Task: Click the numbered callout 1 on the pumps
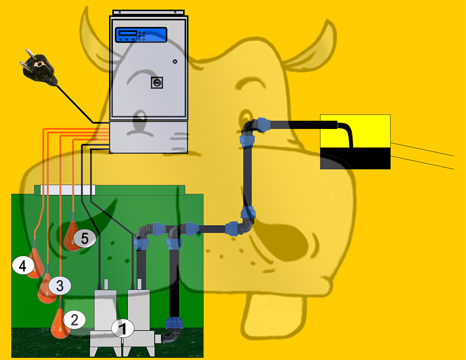coord(123,328)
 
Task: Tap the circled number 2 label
coord(74,319)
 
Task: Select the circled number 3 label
coord(60,286)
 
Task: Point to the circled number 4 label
coord(23,265)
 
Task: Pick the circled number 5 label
coord(85,238)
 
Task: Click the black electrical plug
coord(38,68)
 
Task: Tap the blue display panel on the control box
coord(141,35)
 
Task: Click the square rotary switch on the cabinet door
coord(157,83)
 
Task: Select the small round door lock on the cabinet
coord(175,61)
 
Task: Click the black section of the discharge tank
coord(355,158)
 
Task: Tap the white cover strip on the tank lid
coord(68,190)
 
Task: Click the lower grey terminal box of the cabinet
coord(149,137)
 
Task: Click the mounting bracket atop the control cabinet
coord(149,13)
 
